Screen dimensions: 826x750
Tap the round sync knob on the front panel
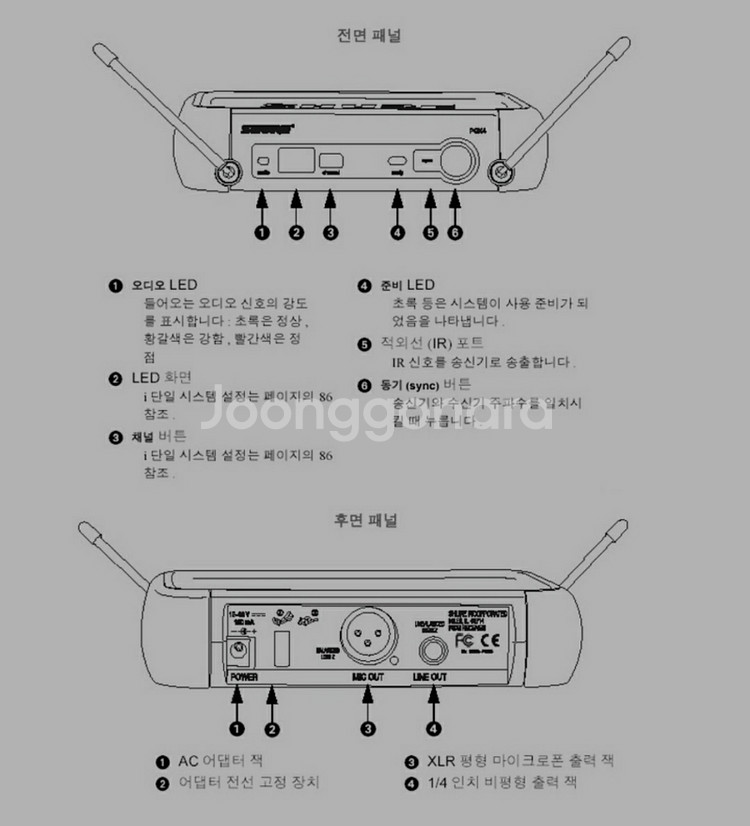point(457,162)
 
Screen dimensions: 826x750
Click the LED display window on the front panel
point(296,161)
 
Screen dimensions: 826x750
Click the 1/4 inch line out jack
point(430,650)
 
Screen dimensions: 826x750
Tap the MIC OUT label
point(368,677)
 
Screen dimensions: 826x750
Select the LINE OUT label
point(430,677)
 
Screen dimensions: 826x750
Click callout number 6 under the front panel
point(457,234)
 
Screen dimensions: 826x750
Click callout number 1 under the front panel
point(262,234)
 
